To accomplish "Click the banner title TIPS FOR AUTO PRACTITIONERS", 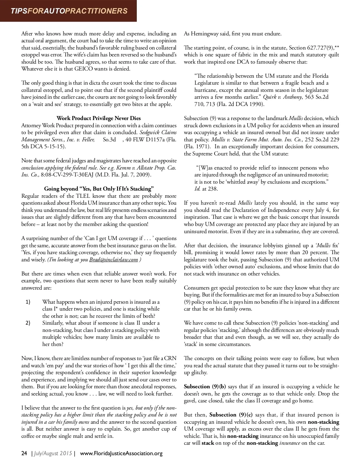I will coord(69,11).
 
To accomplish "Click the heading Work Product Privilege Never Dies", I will coord(99,118).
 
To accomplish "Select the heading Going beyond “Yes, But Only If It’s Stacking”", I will coord(99,189).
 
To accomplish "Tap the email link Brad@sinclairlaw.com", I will coord(113,260).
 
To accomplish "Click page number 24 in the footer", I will coord(24,453).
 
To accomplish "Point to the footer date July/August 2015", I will coord(53,453).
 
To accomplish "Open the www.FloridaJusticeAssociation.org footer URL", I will coord(121,453).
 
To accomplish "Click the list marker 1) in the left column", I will coord(28,302).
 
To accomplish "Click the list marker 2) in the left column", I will coord(28,323).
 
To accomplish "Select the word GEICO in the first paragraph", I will coord(98,69).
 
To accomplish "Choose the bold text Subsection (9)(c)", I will coord(231,415).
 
